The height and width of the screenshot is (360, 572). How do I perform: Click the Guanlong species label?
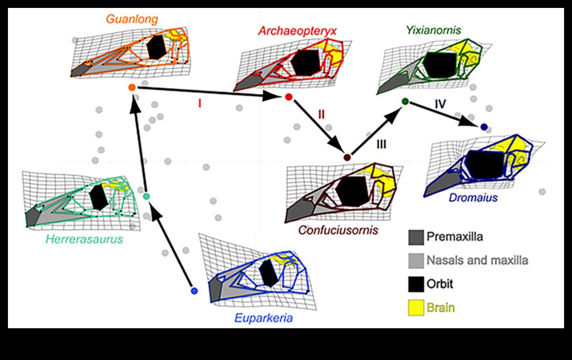[x=132, y=19]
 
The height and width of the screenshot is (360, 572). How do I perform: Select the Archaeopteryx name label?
[x=297, y=31]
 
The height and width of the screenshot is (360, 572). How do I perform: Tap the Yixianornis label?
[x=433, y=30]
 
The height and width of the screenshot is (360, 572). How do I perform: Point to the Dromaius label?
[x=473, y=198]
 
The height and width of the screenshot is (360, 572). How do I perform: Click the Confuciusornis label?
[x=338, y=230]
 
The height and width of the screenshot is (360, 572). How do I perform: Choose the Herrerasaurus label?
[x=84, y=239]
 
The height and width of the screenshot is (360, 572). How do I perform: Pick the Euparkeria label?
[x=263, y=318]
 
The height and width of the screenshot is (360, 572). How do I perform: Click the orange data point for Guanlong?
[x=132, y=88]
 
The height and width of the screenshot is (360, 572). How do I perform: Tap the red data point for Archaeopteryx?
[x=289, y=97]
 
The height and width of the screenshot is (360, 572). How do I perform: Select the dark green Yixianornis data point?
[x=405, y=102]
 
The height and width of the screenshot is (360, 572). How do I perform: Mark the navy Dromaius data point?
[x=483, y=127]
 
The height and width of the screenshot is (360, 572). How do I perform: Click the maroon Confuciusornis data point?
[x=347, y=158]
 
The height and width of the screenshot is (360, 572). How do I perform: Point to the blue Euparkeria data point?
[x=194, y=291]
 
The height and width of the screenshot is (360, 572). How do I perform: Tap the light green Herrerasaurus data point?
[x=147, y=196]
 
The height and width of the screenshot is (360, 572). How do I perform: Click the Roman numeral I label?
[x=199, y=104]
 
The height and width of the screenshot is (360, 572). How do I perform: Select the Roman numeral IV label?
[x=440, y=104]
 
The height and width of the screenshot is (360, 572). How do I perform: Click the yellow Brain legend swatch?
[x=416, y=308]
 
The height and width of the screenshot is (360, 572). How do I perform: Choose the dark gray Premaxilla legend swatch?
[x=416, y=237]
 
